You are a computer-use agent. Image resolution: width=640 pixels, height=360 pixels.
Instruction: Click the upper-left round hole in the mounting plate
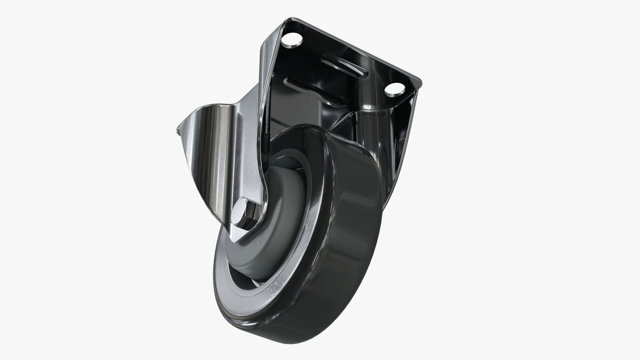[292, 41]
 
